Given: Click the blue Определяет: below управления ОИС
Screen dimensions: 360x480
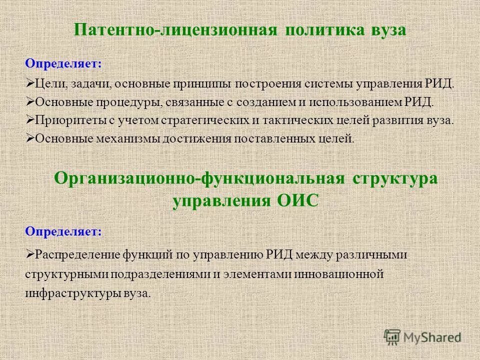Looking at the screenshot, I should point(63,231).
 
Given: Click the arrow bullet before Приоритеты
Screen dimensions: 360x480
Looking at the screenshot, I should point(29,120).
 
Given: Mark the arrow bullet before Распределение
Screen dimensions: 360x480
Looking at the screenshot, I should point(29,254).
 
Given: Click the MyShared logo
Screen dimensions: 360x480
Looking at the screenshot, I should point(423,336).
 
